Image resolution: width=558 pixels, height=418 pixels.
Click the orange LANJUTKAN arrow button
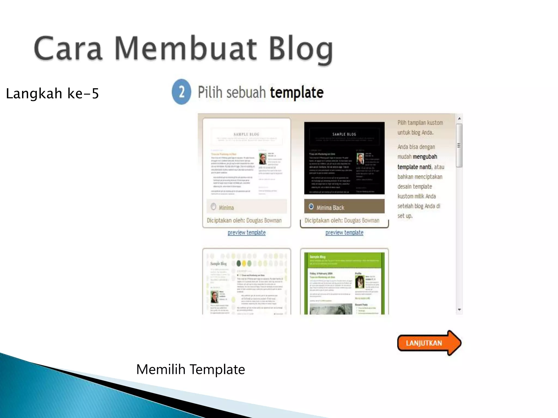point(428,343)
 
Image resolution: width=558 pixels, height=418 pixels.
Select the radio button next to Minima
point(213,207)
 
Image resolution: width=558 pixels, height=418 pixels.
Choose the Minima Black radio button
point(311,207)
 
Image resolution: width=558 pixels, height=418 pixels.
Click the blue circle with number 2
point(181,92)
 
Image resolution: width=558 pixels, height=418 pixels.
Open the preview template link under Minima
point(247,233)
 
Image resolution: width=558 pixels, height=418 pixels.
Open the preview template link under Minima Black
point(344,233)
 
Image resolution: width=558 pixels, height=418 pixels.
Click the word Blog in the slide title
point(301,49)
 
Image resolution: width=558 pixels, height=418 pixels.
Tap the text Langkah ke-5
point(52,94)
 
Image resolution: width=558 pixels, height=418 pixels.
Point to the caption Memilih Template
point(190,370)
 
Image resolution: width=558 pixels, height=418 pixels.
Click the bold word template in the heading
point(297,93)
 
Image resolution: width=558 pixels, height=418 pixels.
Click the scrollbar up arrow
point(459,119)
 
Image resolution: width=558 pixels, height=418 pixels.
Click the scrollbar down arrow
point(459,310)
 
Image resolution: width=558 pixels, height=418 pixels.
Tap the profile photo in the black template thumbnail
point(360,159)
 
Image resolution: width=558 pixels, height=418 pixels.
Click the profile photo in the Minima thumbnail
point(263,159)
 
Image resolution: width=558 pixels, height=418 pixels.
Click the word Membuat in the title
point(185,49)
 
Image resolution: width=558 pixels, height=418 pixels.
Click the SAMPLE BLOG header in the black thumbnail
point(344,134)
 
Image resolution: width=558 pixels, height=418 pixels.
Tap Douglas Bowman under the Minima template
point(264,220)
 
